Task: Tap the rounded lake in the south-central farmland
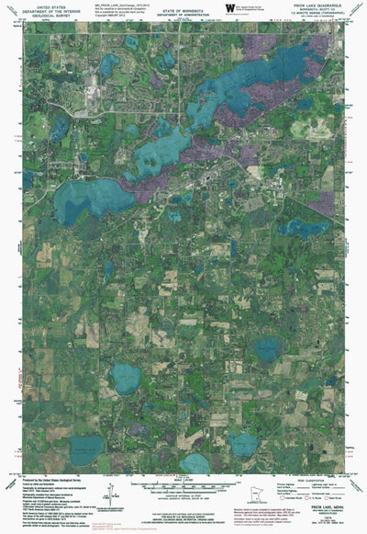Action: point(126,377)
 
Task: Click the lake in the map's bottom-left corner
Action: point(89,448)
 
